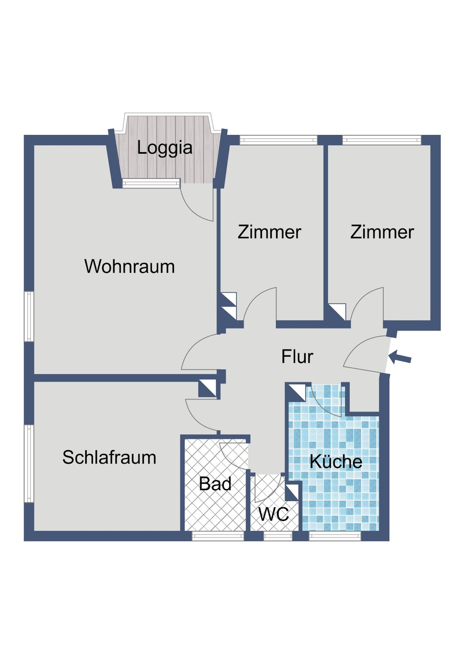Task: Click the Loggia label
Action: tap(164, 148)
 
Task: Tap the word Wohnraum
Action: tap(130, 267)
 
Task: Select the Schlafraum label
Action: tap(109, 458)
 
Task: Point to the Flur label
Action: tap(297, 357)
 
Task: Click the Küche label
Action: tap(336, 461)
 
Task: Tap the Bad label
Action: tap(215, 484)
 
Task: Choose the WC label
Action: tap(274, 514)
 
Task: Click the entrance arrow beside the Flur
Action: tap(400, 357)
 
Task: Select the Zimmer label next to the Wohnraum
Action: tap(269, 232)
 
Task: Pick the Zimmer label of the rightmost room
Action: tap(382, 232)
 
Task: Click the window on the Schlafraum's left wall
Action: tap(29, 464)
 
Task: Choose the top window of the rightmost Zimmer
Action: tap(382, 140)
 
